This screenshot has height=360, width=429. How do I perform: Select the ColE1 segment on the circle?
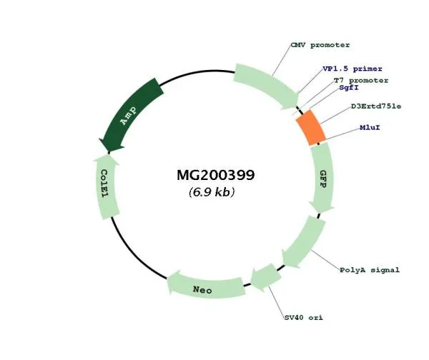pos(107,188)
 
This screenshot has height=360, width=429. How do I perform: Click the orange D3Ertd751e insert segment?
pos(311,129)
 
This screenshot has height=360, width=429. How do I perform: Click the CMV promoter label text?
pos(320,45)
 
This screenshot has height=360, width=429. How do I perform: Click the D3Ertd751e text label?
pos(375,106)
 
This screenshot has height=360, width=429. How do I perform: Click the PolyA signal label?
pos(369,270)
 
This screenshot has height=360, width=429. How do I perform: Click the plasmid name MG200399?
pos(215,174)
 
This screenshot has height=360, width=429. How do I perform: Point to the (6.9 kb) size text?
pos(212,192)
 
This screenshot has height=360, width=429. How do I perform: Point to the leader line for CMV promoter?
pos(281,61)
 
